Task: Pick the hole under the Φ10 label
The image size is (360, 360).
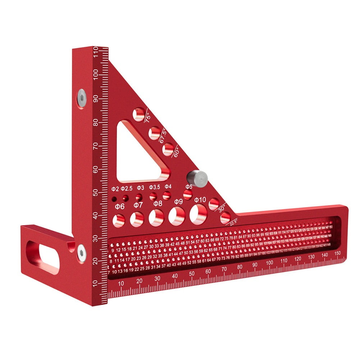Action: [x=198, y=215]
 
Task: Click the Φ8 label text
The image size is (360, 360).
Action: [x=158, y=204]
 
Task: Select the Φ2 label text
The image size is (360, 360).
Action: [x=115, y=188]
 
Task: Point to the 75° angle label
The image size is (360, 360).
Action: [x=148, y=118]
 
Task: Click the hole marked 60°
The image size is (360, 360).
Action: [x=168, y=149]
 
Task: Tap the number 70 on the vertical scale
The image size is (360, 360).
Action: [x=95, y=146]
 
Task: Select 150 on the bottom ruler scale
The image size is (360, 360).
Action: [x=337, y=254]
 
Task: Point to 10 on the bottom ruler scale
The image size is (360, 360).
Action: [x=121, y=283]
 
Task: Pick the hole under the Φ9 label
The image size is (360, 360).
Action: [x=177, y=217]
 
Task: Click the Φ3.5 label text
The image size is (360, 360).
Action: [x=155, y=187]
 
